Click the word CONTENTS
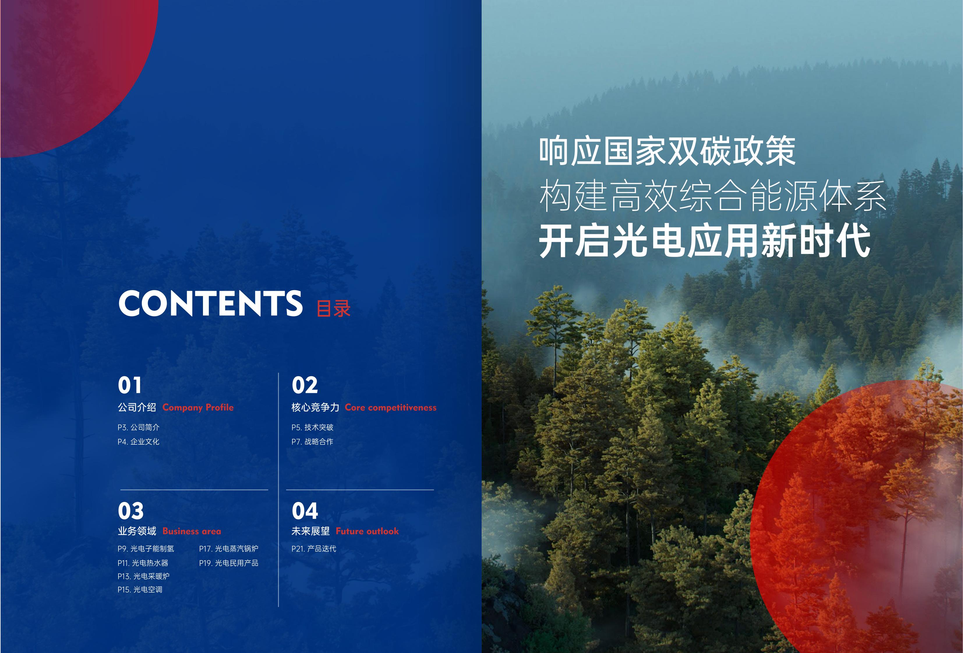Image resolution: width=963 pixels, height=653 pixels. pyautogui.click(x=211, y=303)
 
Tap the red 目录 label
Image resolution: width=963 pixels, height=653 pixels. pyautogui.click(x=333, y=308)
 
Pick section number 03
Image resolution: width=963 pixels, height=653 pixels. pyautogui.click(x=130, y=511)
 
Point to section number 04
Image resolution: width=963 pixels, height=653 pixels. pyautogui.click(x=305, y=511)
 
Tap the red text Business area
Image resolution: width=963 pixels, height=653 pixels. pyautogui.click(x=192, y=531)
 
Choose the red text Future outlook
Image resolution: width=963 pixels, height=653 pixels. pyautogui.click(x=367, y=531)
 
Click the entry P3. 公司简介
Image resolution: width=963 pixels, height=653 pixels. pyautogui.click(x=138, y=427)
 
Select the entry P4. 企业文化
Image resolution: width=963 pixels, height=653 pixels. pyautogui.click(x=138, y=442)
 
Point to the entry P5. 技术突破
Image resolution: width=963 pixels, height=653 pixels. pyautogui.click(x=312, y=427)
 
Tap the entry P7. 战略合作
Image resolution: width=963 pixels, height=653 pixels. pyautogui.click(x=312, y=442)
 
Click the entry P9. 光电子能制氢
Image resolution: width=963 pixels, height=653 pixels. pyautogui.click(x=146, y=549)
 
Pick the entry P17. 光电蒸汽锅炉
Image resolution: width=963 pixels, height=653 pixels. pyautogui.click(x=229, y=549)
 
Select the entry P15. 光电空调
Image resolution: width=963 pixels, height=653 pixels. pyautogui.click(x=140, y=590)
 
